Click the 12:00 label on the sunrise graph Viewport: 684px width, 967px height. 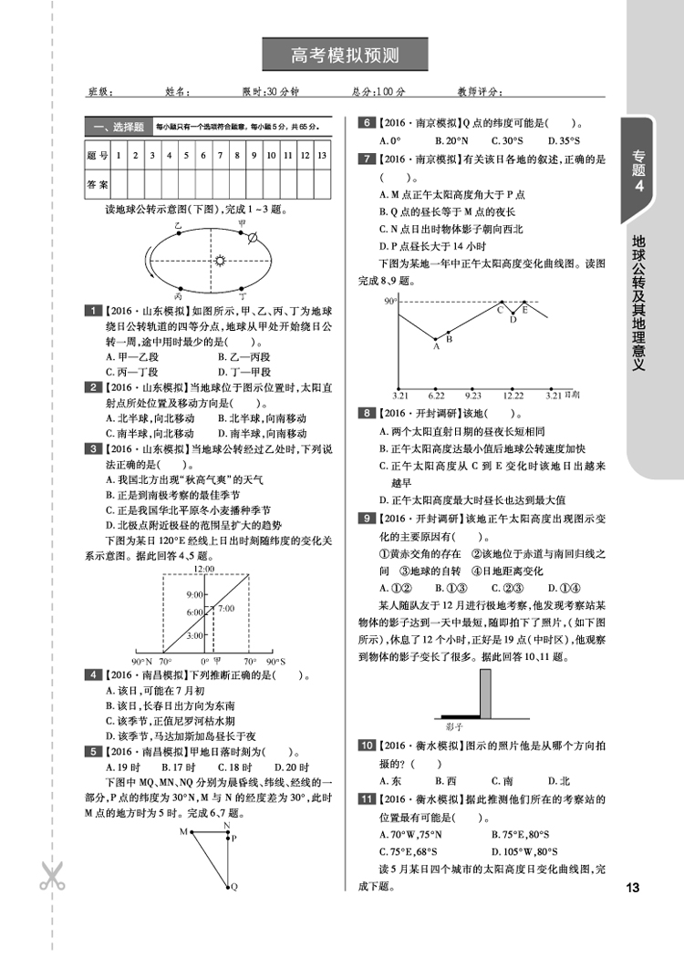point(204,570)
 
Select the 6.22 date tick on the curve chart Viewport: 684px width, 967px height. point(436,395)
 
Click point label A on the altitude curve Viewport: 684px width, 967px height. point(436,347)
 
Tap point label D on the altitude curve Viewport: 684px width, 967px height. point(513,319)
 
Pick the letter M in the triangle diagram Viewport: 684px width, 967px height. point(182,831)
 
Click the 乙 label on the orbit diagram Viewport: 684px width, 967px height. point(179,223)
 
